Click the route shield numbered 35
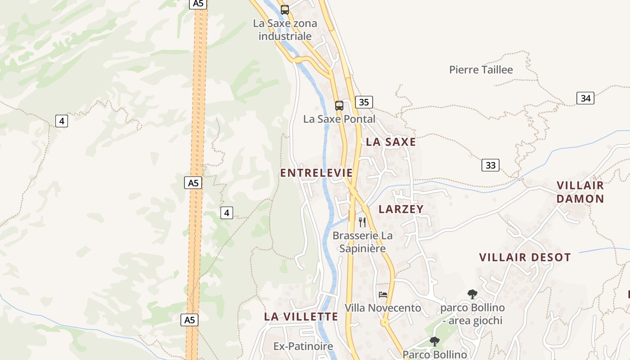click(x=364, y=102)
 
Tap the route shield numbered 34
click(x=585, y=98)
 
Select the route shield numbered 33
click(x=490, y=165)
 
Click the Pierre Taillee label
click(x=481, y=70)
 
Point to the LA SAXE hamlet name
click(x=391, y=142)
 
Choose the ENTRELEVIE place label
click(x=316, y=173)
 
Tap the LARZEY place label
click(x=401, y=209)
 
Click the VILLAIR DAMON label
click(x=580, y=192)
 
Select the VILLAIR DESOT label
click(x=525, y=257)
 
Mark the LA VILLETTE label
click(x=301, y=316)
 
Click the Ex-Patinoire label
click(x=303, y=346)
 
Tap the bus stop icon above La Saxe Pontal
click(x=339, y=106)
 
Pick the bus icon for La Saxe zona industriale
click(x=285, y=9)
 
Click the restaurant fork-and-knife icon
click(x=362, y=222)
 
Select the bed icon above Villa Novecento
click(x=383, y=295)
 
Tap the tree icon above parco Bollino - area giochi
click(x=472, y=294)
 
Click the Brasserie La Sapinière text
click(x=362, y=242)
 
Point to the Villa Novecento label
click(x=383, y=308)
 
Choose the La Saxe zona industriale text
click(x=285, y=29)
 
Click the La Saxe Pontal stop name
click(x=339, y=119)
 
